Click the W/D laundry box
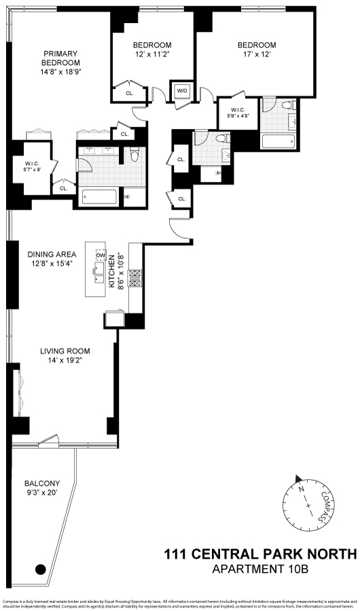click(182, 90)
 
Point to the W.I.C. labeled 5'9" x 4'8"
click(238, 111)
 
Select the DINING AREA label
click(50, 255)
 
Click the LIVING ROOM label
click(65, 351)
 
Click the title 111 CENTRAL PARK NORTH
click(260, 555)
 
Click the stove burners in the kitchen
click(134, 278)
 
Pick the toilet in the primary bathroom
click(135, 156)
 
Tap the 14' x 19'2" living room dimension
click(65, 362)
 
